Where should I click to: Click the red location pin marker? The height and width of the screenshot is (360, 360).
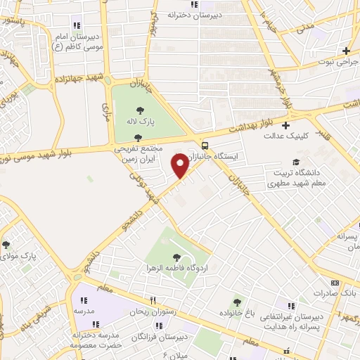pyautogui.click(x=181, y=165)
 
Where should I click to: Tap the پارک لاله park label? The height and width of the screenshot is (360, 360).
pyautogui.click(x=141, y=122)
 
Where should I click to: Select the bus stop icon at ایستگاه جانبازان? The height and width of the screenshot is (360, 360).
pyautogui.click(x=205, y=146)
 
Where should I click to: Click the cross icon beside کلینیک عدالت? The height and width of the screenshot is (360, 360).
pyautogui.click(x=285, y=134)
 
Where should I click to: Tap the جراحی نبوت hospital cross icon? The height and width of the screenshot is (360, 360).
pyautogui.click(x=346, y=51)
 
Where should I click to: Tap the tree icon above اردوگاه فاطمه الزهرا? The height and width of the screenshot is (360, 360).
pyautogui.click(x=176, y=257)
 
